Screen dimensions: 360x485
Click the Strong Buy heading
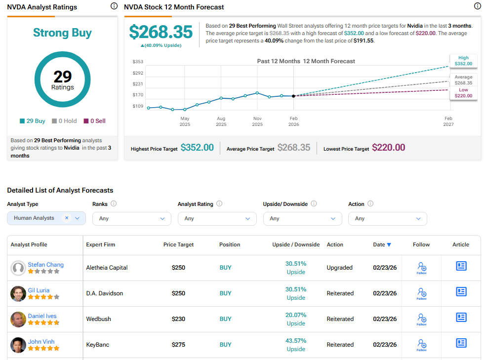[x=62, y=33]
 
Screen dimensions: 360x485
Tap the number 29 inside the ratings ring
[x=63, y=77]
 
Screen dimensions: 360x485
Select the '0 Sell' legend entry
[x=94, y=121]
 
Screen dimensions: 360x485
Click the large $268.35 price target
[x=161, y=32]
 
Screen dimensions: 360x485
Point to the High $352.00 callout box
[x=463, y=60]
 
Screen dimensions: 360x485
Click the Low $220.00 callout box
[x=463, y=93]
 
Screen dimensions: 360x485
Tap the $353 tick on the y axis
[x=138, y=62]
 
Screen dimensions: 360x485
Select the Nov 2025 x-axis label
[x=257, y=121]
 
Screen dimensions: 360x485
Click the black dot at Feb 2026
[x=294, y=96]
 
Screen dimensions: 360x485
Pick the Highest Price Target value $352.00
[x=197, y=148]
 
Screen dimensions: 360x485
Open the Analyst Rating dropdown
[x=217, y=218]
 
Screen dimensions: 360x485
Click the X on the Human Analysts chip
[x=67, y=218]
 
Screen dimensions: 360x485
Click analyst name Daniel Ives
[x=42, y=316]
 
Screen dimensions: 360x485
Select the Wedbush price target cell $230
[x=179, y=319]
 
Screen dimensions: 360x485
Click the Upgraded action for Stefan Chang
[x=340, y=268]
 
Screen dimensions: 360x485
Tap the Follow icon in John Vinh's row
[x=422, y=345]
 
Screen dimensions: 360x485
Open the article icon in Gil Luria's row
[x=461, y=292]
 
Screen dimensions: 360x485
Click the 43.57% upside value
[x=296, y=341]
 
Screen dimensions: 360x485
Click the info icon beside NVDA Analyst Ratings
[x=114, y=6]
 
